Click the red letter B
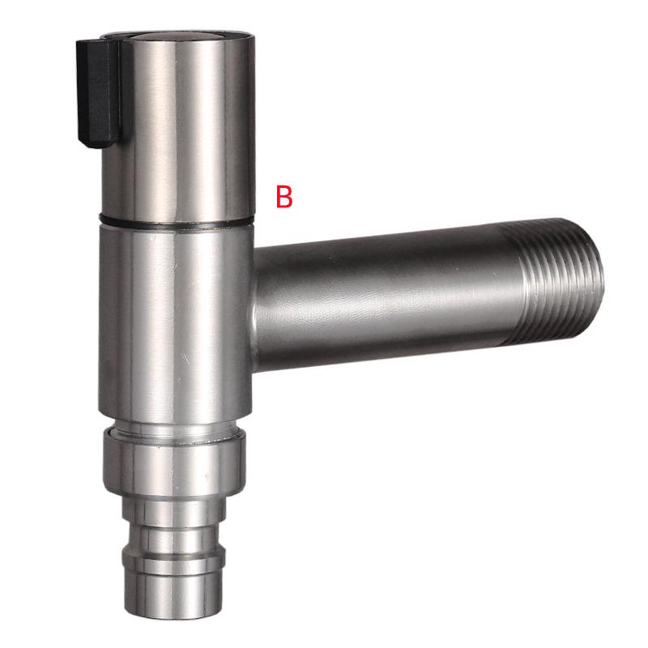[283, 196]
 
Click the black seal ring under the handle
[174, 221]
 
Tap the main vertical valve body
[174, 316]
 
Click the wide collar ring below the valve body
[174, 462]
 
